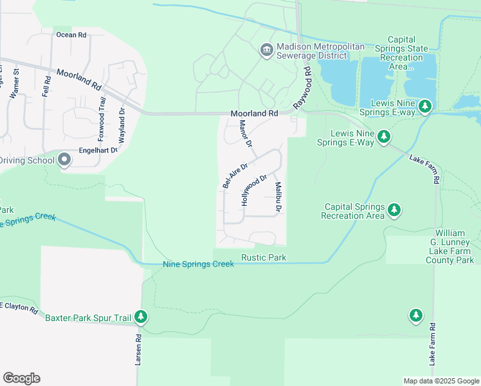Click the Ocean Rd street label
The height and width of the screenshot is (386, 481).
71,35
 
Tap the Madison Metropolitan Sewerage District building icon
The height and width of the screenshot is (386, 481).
267,50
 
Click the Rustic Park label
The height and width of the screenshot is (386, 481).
264,258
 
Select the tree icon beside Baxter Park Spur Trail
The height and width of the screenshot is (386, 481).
141,317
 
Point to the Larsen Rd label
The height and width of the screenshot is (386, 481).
138,350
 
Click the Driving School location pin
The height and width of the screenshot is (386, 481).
64,160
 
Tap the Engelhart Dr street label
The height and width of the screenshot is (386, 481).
98,150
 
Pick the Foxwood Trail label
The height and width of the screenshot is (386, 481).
101,120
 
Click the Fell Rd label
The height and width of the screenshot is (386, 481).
46,86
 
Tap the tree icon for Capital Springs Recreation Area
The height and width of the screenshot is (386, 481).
395,210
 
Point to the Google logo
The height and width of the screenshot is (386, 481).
21,378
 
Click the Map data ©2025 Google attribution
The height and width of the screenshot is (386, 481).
440,381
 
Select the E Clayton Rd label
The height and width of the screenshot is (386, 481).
19,307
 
